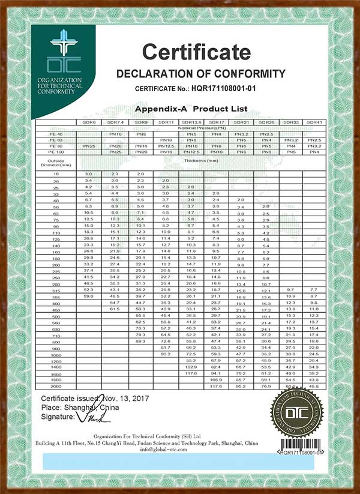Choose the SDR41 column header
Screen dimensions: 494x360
(314, 122)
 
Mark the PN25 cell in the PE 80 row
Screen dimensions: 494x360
(89, 146)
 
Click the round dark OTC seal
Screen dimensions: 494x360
(298, 414)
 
